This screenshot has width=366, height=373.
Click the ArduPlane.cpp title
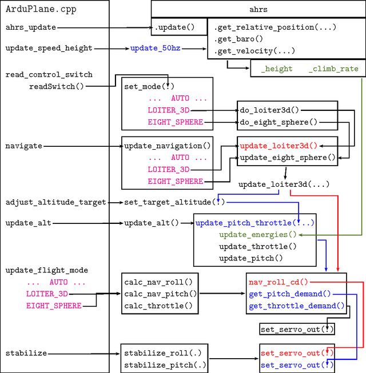41,10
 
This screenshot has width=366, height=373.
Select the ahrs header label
258,10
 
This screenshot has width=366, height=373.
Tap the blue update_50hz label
155,48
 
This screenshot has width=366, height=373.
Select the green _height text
277,69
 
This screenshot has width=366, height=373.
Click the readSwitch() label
56,86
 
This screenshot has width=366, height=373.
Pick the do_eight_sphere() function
278,122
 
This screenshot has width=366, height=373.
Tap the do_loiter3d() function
269,110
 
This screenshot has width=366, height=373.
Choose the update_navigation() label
168,146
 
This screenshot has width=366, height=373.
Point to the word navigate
25,146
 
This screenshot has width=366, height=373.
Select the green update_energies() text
258,234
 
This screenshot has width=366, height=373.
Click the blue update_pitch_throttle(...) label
255,223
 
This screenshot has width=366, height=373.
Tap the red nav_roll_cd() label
278,282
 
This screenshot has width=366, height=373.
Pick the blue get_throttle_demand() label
297,306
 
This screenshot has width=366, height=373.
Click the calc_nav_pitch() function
161,294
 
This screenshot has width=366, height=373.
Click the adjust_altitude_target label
56,202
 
